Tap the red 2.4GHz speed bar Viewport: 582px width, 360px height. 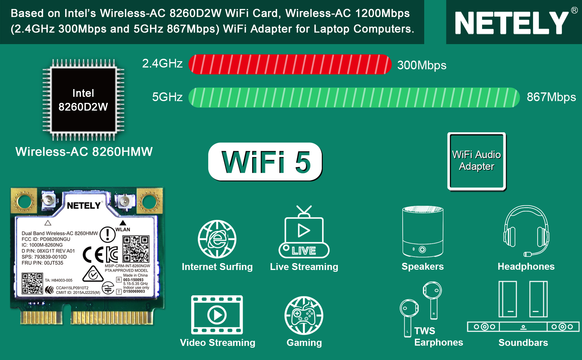point(290,64)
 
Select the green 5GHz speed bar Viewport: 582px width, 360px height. point(354,97)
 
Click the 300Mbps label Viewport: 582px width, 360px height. point(422,65)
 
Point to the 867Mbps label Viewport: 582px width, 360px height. point(551,97)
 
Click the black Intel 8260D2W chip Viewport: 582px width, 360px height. point(83,100)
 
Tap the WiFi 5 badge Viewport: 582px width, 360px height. point(265,162)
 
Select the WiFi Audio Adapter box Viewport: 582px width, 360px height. point(477,161)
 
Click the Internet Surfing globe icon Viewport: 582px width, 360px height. point(217,239)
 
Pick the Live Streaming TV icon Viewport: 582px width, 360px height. point(304,232)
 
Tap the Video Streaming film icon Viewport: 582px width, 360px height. point(217,315)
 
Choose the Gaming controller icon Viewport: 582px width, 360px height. point(304,315)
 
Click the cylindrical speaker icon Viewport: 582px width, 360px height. point(423,231)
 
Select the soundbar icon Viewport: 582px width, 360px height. point(523,306)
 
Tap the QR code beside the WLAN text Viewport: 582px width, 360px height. point(136,249)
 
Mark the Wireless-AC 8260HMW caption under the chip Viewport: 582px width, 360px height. point(84,151)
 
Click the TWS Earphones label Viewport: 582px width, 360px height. point(439,337)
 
